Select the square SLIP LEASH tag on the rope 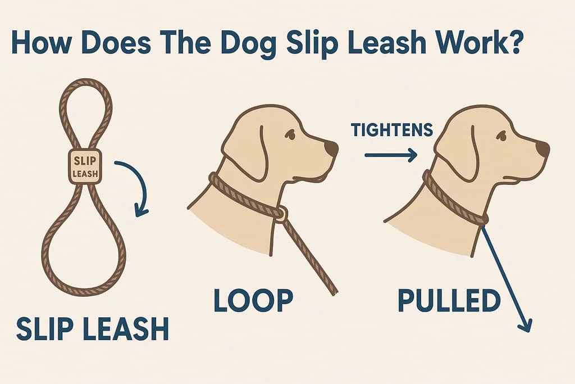85,166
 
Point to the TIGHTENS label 392,130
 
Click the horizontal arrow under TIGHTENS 391,155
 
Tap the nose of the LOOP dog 331,148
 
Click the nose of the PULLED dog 542,148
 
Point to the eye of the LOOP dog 290,135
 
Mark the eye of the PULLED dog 500,135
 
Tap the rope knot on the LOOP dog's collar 280,213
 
